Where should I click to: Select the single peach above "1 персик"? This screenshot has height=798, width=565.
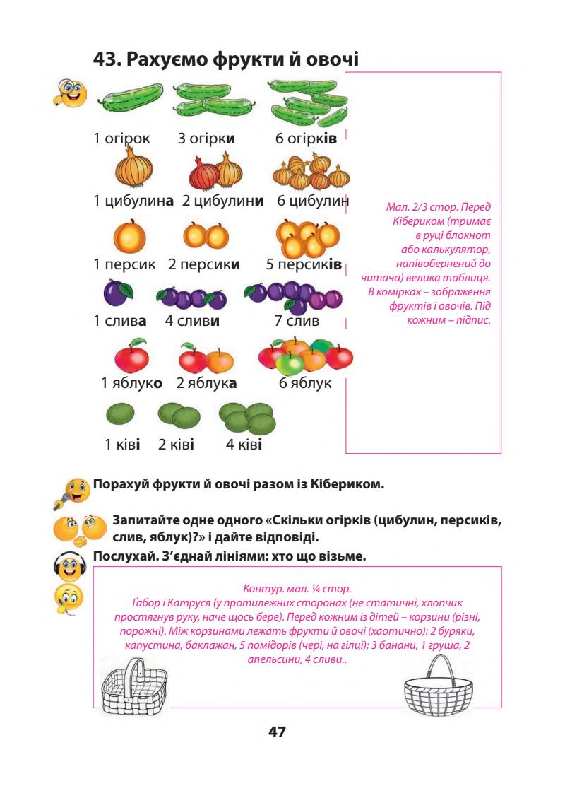(x=129, y=237)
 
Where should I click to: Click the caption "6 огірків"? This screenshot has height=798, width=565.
(x=306, y=138)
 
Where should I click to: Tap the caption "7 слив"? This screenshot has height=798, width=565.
(x=297, y=322)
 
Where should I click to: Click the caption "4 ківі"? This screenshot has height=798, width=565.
(x=244, y=445)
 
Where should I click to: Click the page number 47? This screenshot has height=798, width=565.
(x=277, y=731)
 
